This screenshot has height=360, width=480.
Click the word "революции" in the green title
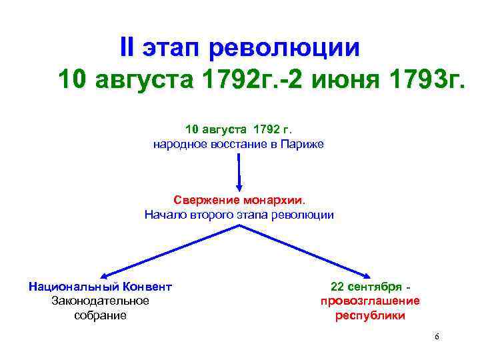click(285, 48)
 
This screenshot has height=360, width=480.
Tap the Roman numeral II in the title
click(127, 48)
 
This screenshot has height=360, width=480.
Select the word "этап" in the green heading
click(171, 48)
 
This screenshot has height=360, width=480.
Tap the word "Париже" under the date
click(302, 143)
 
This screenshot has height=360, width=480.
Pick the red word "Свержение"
click(202, 200)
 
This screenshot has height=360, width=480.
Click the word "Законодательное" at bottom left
click(100, 301)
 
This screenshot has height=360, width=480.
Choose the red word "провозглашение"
click(370, 301)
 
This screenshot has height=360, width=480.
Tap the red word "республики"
click(370, 315)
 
